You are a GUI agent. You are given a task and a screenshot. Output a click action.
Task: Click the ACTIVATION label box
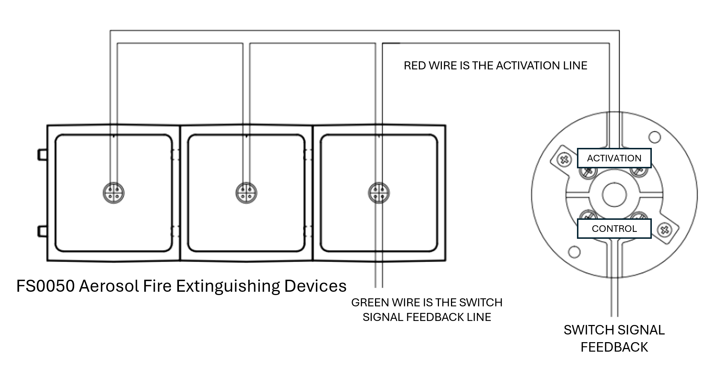click(x=614, y=158)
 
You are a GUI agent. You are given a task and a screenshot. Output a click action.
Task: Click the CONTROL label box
click(x=614, y=229)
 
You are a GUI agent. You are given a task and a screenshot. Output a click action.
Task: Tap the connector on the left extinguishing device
click(x=114, y=193)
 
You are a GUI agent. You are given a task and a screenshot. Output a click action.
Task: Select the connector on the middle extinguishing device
click(x=246, y=193)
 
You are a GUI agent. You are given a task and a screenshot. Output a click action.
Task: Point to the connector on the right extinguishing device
click(x=379, y=193)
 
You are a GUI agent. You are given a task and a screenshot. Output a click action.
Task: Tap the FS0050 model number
click(x=45, y=286)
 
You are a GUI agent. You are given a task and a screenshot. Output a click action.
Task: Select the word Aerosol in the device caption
click(x=109, y=286)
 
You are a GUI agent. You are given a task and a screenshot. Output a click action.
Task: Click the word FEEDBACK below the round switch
click(x=614, y=347)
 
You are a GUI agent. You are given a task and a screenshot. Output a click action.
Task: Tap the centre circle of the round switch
click(x=614, y=195)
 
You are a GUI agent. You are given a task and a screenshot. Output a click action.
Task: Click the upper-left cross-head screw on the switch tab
click(x=565, y=160)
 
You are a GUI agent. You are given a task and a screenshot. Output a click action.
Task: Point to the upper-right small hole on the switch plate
click(x=655, y=137)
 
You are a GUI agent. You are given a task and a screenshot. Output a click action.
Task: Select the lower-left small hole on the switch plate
click(x=574, y=252)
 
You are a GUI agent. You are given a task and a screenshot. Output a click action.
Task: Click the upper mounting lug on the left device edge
click(x=42, y=155)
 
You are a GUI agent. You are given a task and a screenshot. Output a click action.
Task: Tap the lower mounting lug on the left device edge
click(x=42, y=231)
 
